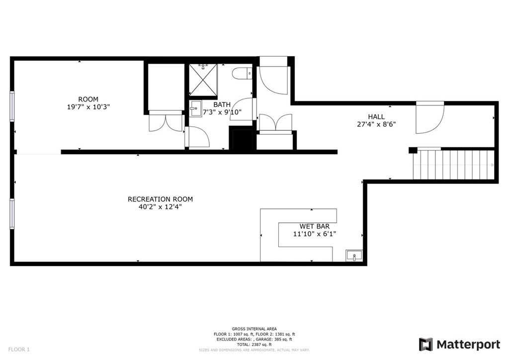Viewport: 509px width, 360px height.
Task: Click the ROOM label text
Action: [88, 99]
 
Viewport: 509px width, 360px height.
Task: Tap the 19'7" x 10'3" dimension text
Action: [88, 107]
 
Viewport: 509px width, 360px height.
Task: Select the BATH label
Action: [222, 104]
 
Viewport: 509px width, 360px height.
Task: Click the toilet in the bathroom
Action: [242, 73]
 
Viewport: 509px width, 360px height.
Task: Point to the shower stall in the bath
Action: [202, 81]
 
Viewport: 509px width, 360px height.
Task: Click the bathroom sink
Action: [195, 108]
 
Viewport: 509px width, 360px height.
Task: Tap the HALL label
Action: [376, 117]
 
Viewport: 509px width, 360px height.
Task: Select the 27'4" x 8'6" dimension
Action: [376, 125]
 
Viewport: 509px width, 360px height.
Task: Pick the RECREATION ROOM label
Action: [160, 199]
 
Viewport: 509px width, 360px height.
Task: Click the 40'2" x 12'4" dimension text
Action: [160, 207]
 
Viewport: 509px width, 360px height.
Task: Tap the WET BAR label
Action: [314, 226]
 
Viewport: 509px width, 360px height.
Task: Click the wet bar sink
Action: [354, 256]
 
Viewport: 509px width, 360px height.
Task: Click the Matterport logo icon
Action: [425, 344]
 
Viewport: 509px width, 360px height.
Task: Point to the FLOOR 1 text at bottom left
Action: [18, 350]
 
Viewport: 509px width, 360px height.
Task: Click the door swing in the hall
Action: [428, 118]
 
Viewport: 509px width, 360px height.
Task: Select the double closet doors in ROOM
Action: [165, 121]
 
